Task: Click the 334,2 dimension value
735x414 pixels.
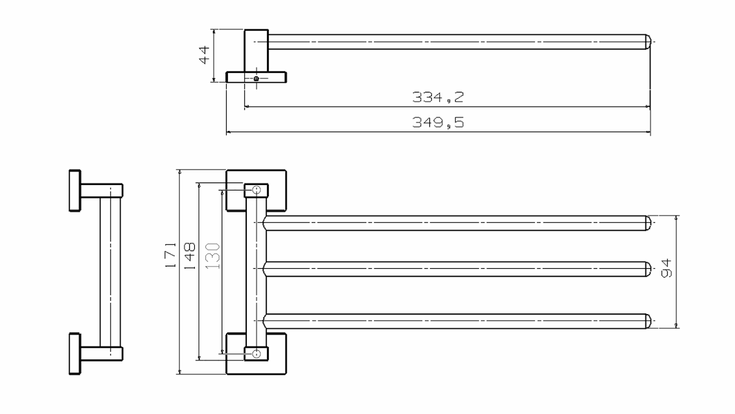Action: pyautogui.click(x=438, y=97)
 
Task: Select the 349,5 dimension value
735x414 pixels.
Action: pyautogui.click(x=438, y=122)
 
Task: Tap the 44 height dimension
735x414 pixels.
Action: pyautogui.click(x=204, y=55)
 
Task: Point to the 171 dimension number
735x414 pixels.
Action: pyautogui.click(x=171, y=255)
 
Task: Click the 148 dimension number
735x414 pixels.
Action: pyautogui.click(x=190, y=256)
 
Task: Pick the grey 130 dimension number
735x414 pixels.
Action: pyautogui.click(x=213, y=256)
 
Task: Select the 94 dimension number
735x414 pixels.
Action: pyautogui.click(x=666, y=268)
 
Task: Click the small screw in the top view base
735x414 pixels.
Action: pyautogui.click(x=256, y=78)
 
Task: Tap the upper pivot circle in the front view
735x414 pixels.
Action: pyautogui.click(x=256, y=190)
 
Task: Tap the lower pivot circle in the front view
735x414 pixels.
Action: pyautogui.click(x=256, y=353)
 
